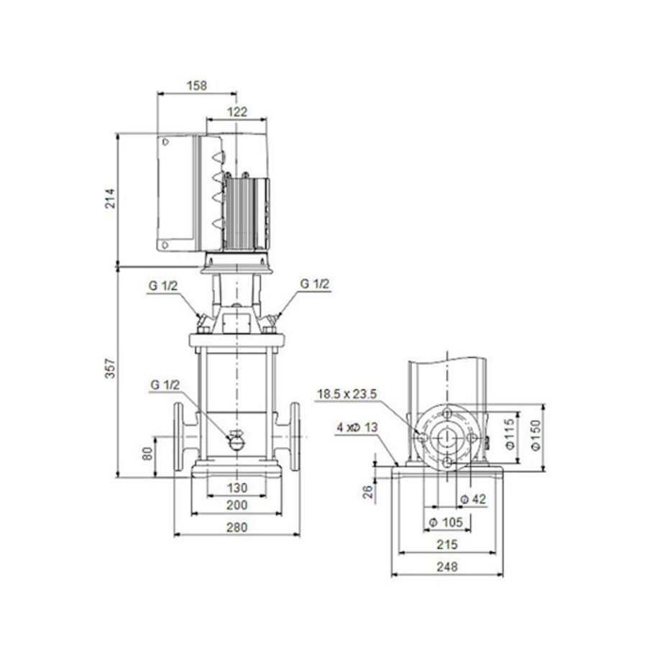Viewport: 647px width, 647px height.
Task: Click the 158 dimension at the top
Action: (196, 86)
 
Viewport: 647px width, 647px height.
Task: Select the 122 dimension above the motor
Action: (237, 111)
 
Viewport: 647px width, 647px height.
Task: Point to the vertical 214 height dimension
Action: (110, 198)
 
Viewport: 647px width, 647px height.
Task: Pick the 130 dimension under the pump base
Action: (237, 488)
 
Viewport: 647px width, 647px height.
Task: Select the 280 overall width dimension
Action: (237, 527)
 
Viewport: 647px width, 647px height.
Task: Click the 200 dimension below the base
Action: (237, 506)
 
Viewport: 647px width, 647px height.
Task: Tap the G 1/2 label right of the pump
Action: (315, 284)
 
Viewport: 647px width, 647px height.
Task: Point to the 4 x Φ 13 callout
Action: (357, 427)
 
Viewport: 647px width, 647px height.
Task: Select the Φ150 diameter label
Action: (535, 436)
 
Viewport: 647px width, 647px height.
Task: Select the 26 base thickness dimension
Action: (367, 492)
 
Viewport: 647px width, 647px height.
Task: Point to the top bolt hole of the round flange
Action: (447, 414)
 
